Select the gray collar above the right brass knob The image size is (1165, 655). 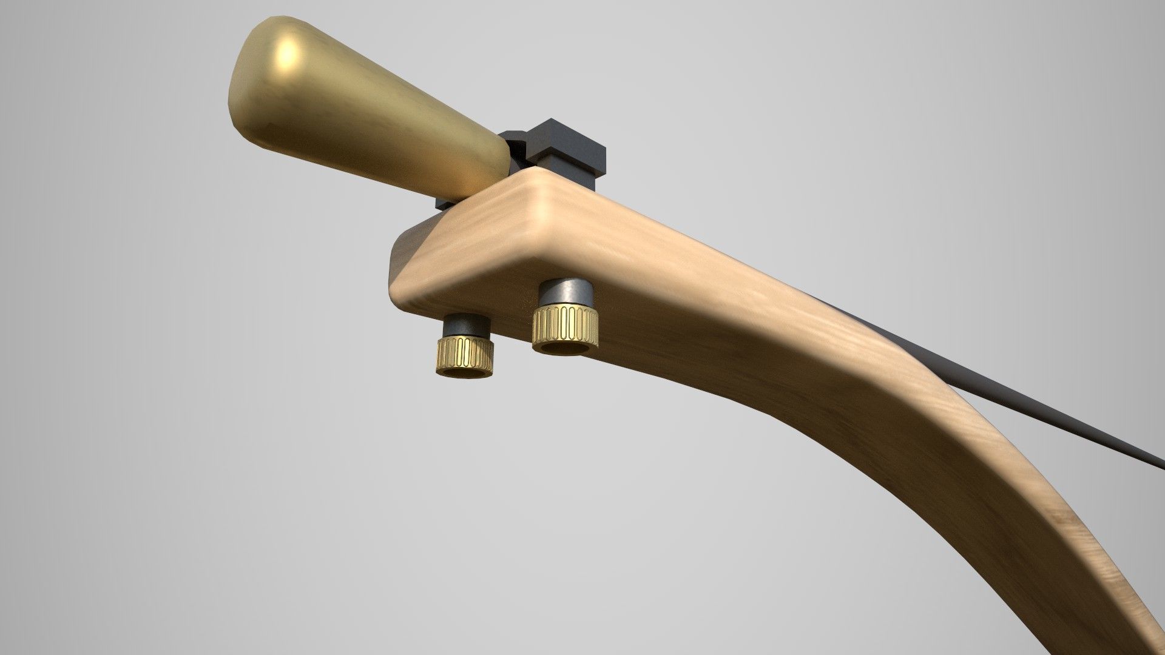click(x=567, y=295)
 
